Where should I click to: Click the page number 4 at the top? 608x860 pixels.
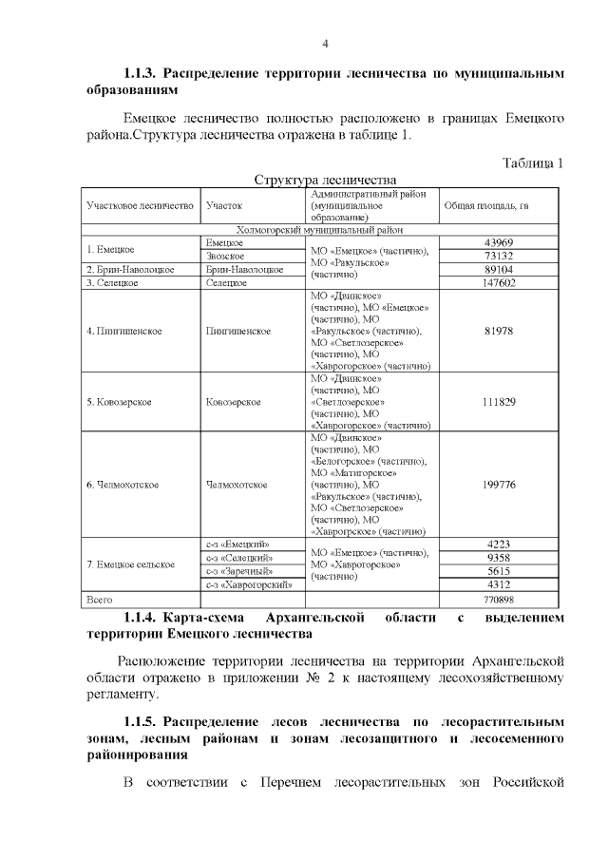(x=325, y=44)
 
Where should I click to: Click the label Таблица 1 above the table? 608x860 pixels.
(x=533, y=162)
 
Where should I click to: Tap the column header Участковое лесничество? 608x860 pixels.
(x=140, y=204)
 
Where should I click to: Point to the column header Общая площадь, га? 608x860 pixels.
(x=485, y=204)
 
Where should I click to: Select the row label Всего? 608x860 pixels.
(x=100, y=600)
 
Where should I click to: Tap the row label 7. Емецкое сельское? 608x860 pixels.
(x=130, y=564)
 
